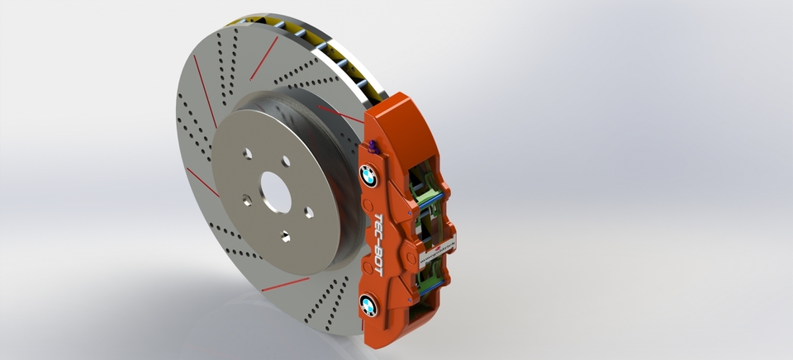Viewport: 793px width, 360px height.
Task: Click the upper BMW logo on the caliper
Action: [368, 175]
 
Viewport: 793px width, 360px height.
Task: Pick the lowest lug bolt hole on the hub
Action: [284, 237]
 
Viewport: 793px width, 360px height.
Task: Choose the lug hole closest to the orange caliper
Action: [308, 212]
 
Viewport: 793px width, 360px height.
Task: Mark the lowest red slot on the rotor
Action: [285, 284]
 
